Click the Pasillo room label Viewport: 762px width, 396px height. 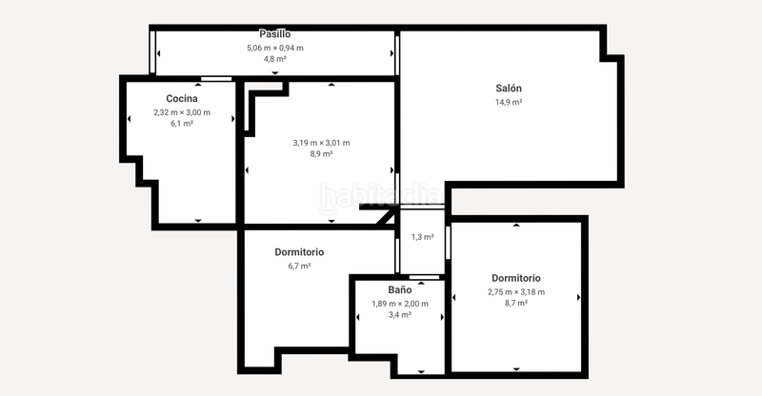[x=274, y=34]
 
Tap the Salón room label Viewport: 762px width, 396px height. [x=509, y=89]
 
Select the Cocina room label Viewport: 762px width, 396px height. [x=182, y=98]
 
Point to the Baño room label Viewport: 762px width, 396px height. [x=399, y=288]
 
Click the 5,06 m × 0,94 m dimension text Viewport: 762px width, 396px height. [x=274, y=48]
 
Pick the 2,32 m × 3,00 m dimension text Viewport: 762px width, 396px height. [x=182, y=112]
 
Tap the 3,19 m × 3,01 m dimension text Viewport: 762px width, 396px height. [x=321, y=143]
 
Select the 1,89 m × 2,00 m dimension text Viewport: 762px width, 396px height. [x=399, y=304]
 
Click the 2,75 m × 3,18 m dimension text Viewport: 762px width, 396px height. [x=515, y=291]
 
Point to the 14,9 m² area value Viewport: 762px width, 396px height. [x=509, y=102]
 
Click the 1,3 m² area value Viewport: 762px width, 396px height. [x=422, y=237]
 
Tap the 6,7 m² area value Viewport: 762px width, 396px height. [x=299, y=266]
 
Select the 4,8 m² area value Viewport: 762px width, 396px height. [x=274, y=59]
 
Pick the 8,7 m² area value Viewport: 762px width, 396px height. [x=515, y=303]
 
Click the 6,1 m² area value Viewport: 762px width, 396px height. [x=182, y=124]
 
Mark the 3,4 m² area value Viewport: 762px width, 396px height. [x=399, y=314]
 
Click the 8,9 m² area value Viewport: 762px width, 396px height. [x=321, y=154]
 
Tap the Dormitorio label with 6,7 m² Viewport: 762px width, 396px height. [x=299, y=252]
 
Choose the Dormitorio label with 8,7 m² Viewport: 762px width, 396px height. [x=515, y=278]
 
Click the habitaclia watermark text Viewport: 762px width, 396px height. [x=381, y=195]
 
